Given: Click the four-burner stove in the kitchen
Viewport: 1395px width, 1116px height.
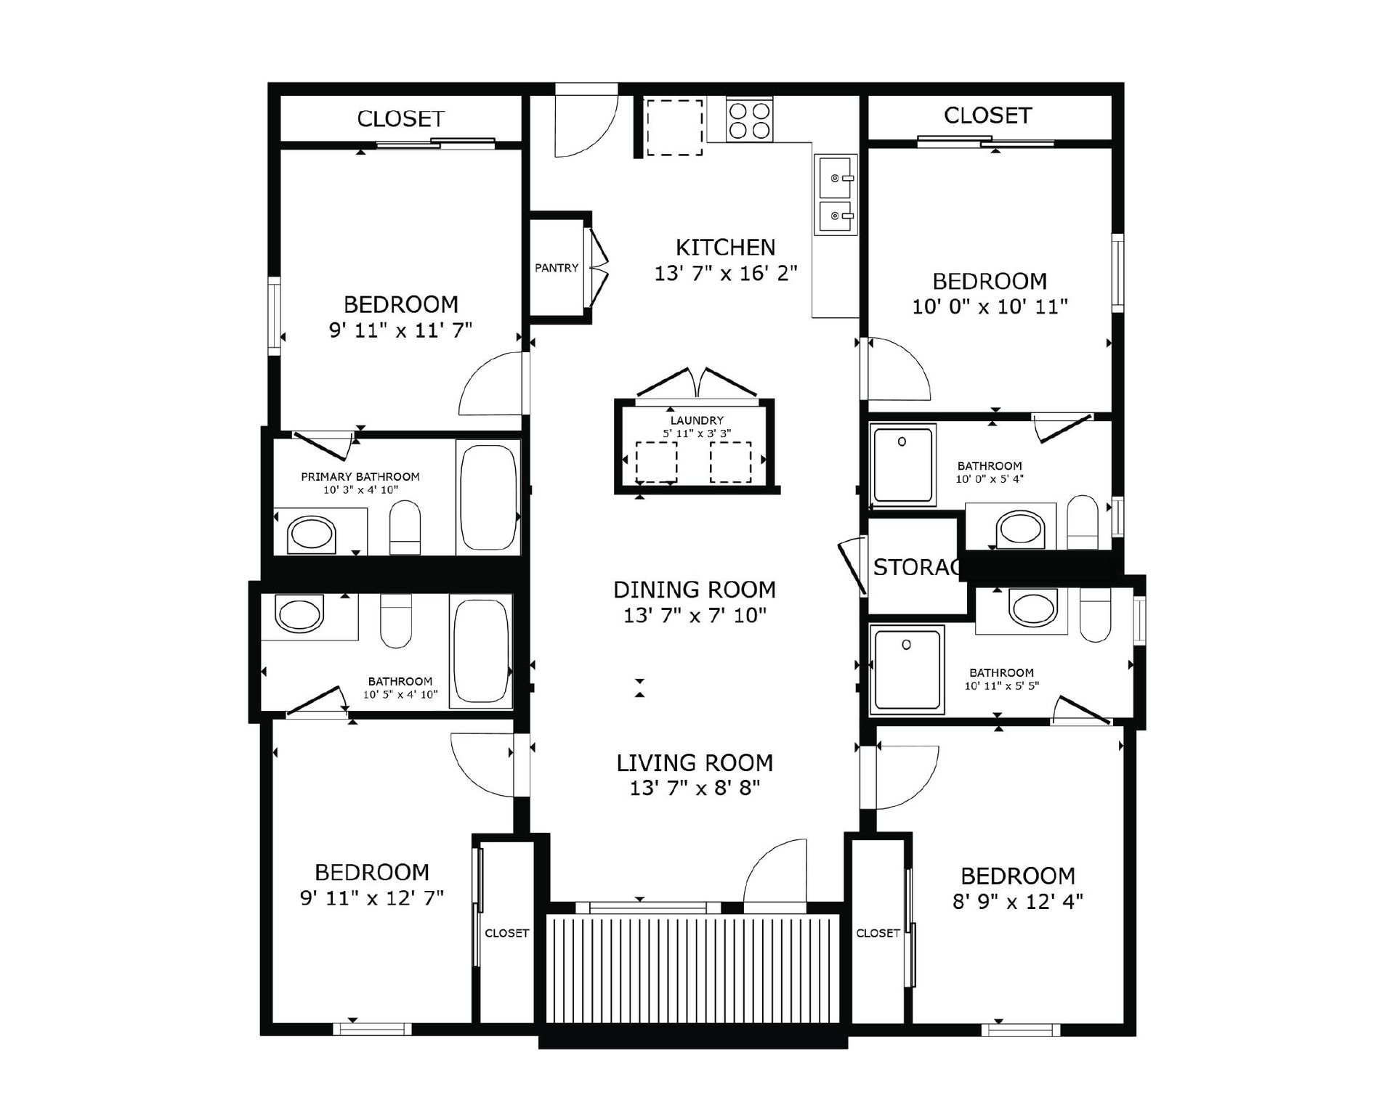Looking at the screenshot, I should coord(749,121).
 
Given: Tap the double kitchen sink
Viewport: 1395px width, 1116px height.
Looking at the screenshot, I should coord(836,195).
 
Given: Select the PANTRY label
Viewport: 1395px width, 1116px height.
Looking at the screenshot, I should coord(557,268).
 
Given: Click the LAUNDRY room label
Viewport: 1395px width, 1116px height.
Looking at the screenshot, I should coord(697,420).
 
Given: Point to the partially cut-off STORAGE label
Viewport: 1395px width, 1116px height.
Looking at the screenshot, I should coord(915,567).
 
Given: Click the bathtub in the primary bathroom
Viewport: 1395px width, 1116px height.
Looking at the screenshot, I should coord(488,497).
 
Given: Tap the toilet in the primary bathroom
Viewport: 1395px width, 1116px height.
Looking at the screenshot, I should coord(405,529).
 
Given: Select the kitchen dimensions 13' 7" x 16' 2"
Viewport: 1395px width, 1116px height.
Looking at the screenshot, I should coord(725,274).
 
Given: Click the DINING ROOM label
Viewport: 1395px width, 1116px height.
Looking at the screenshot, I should coord(694,590).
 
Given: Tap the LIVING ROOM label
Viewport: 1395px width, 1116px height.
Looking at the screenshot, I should coord(695,763).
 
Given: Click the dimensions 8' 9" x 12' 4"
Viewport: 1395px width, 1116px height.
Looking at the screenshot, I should coord(1017,902).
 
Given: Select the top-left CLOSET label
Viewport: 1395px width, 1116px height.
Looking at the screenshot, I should coord(400,119).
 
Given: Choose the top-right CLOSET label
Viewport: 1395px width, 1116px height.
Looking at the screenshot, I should coord(987,115).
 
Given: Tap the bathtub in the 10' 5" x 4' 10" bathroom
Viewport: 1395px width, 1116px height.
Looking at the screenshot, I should coord(481,650).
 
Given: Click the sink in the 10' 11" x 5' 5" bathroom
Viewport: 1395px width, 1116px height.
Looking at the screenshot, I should coord(1032,608).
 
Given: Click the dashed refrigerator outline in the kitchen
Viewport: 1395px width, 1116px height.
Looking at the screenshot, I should coord(674,128).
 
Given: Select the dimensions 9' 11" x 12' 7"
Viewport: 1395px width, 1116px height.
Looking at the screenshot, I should coord(371,898).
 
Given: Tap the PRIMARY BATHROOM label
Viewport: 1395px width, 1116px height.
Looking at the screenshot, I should coord(360,477).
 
